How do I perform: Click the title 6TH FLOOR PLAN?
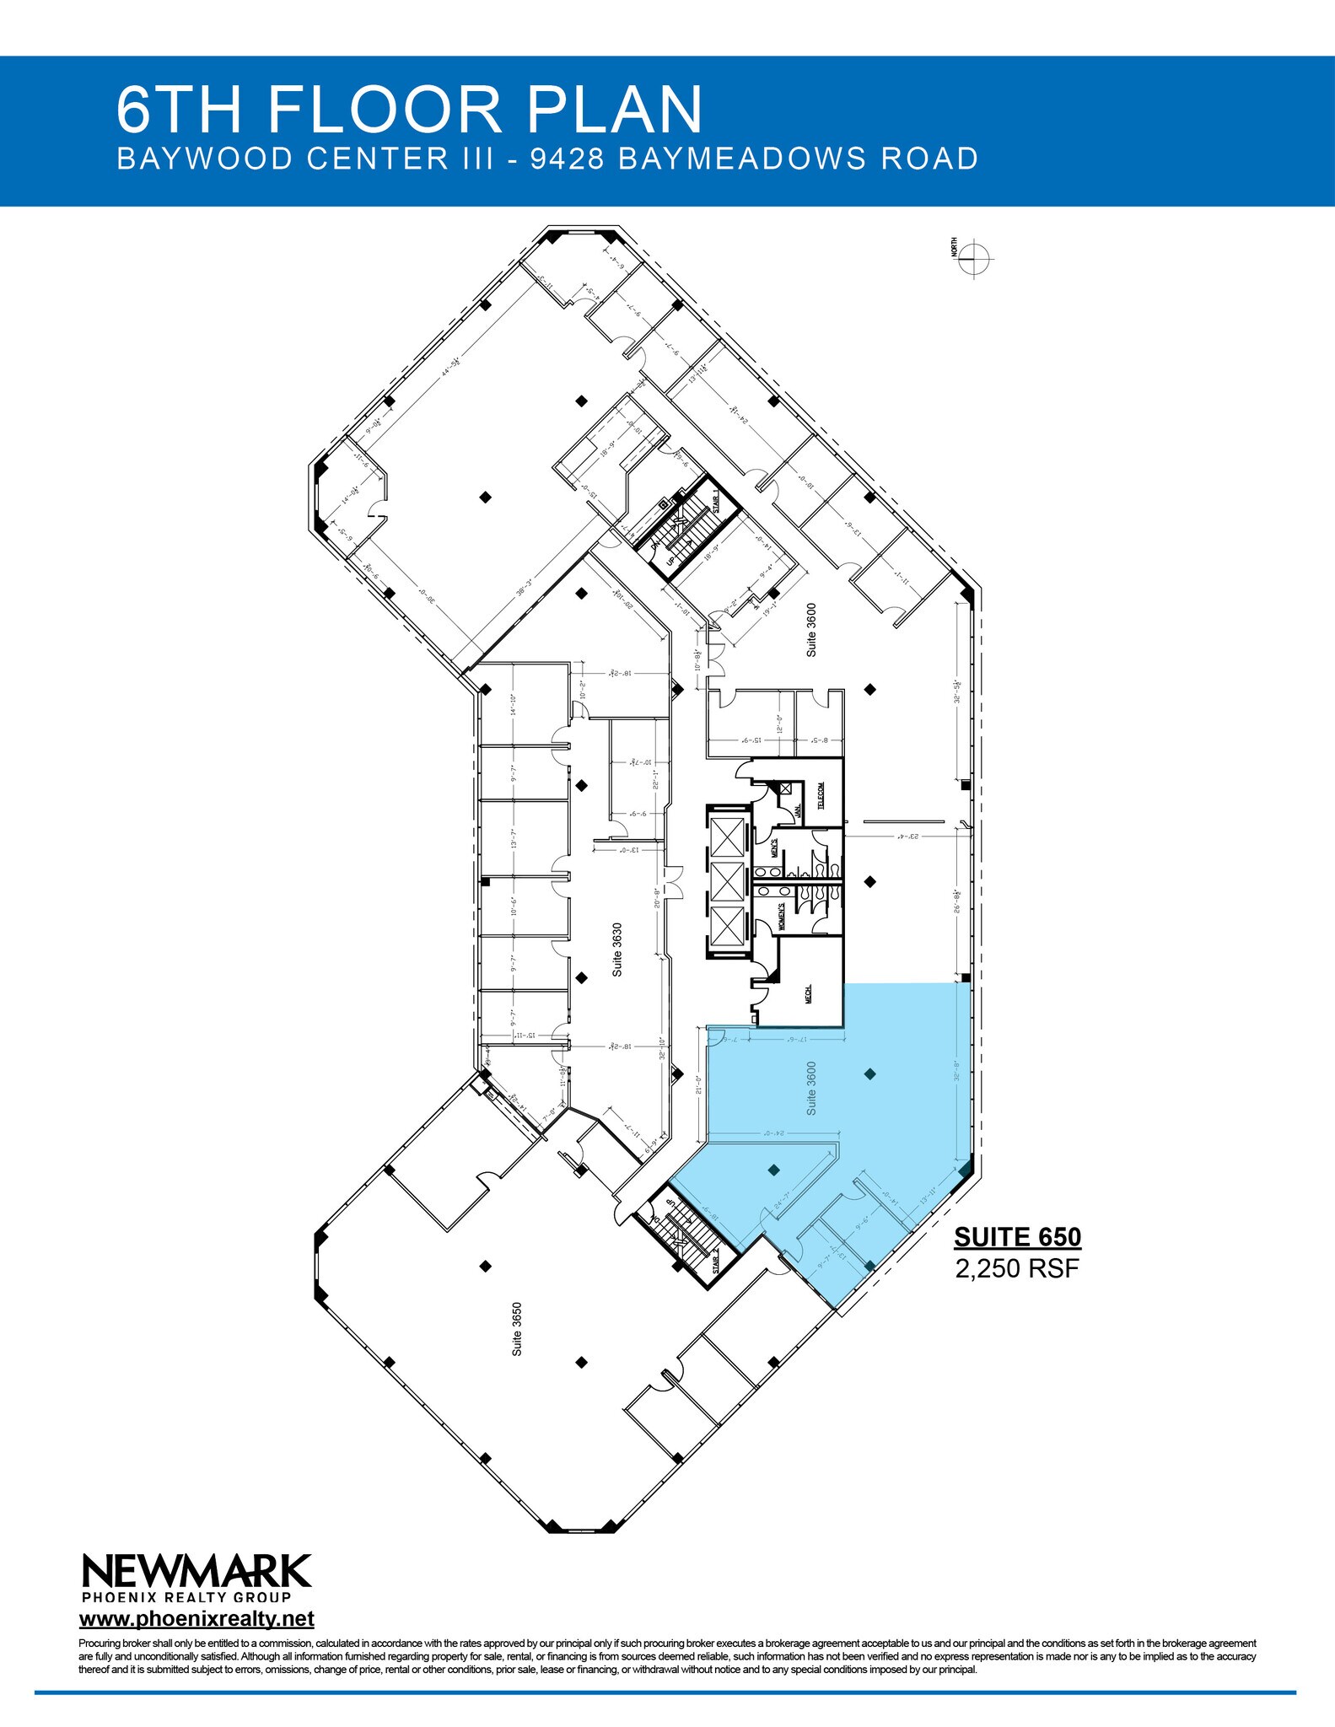409,109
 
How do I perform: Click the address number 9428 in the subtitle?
567,159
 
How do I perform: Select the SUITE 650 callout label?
1017,1237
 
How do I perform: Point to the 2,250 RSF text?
1017,1268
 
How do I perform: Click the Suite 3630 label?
618,950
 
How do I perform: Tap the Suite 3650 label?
517,1330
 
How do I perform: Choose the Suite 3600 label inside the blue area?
811,1088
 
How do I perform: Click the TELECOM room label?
821,795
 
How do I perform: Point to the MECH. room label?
809,993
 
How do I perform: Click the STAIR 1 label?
716,501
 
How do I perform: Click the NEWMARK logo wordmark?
196,1572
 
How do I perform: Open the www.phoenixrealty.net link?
196,1619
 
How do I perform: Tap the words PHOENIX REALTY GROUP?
186,1596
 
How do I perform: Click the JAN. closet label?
797,811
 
